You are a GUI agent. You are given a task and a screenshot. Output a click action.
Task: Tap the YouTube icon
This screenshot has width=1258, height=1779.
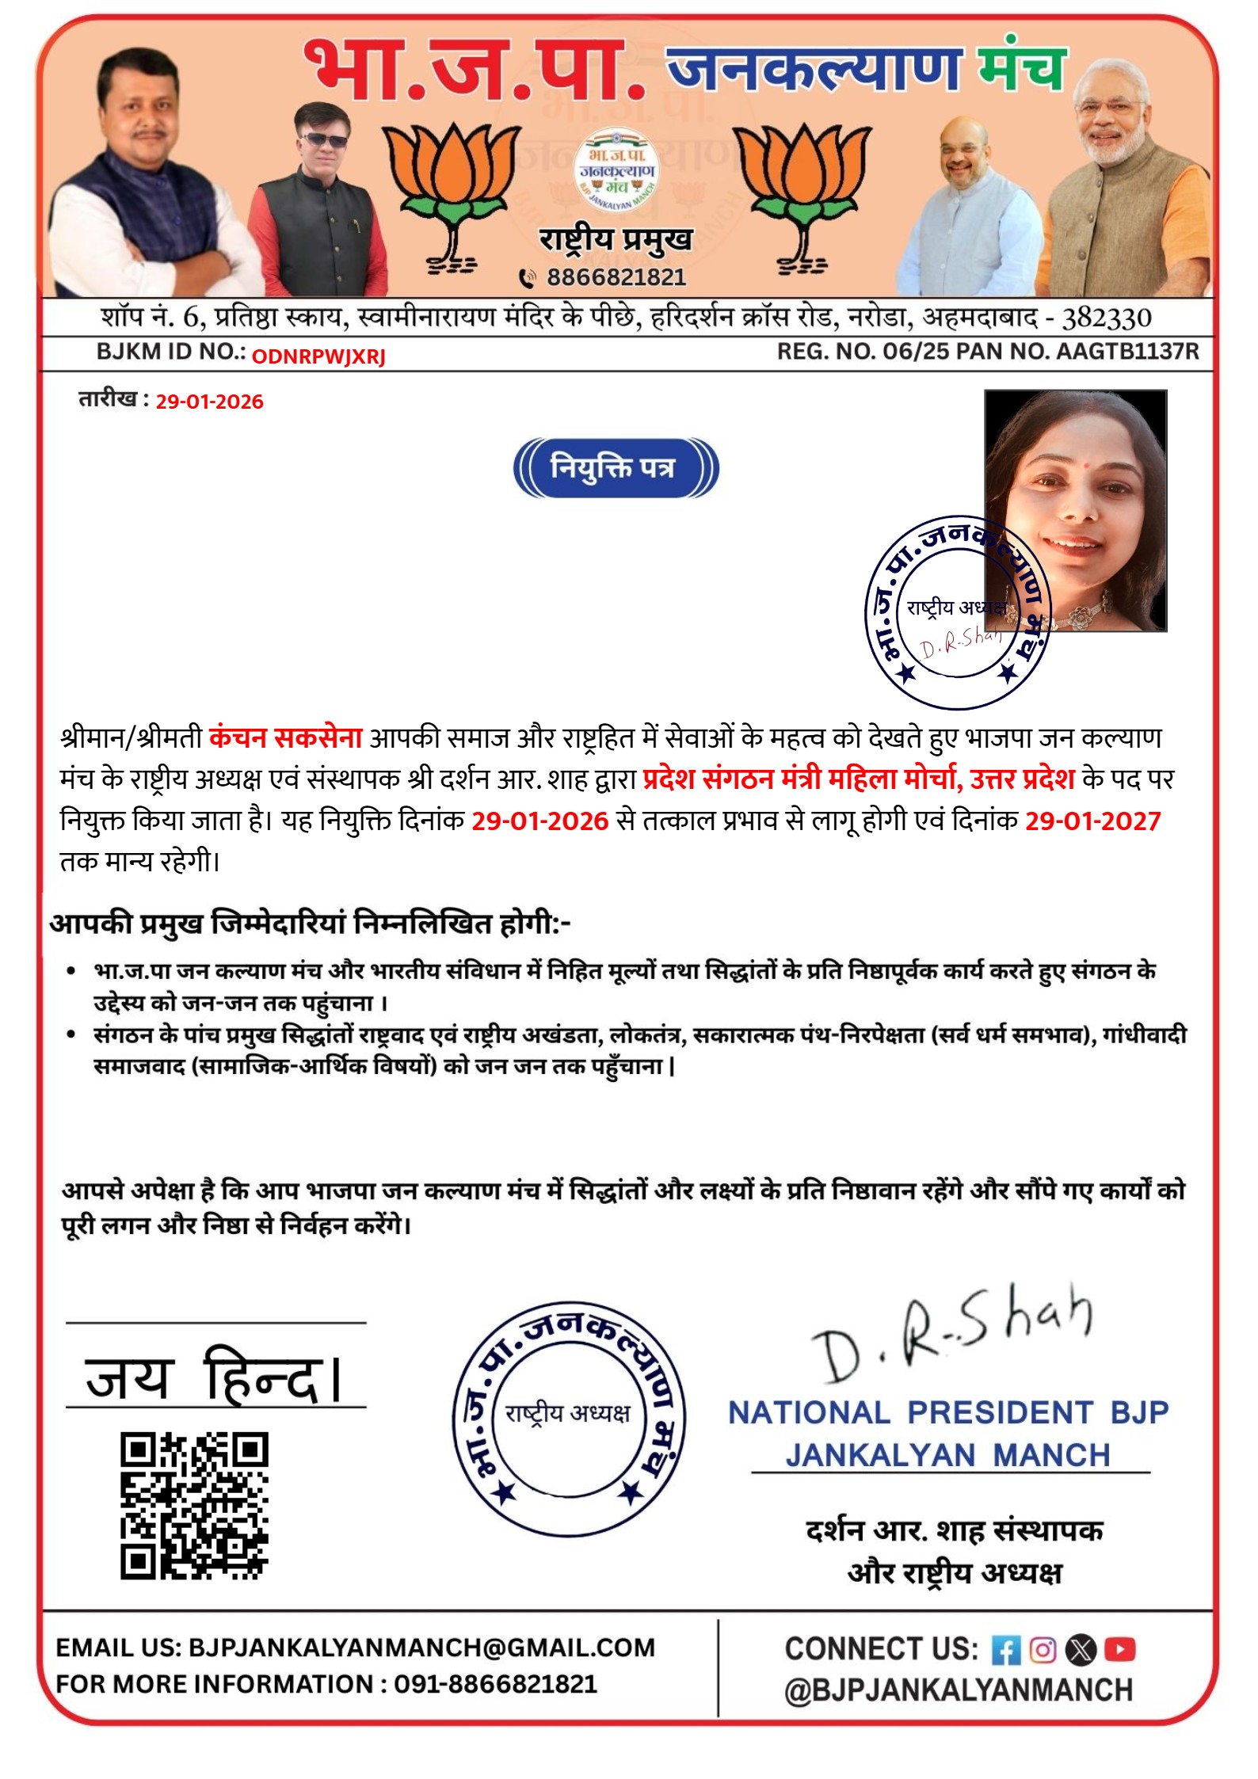[1119, 1649]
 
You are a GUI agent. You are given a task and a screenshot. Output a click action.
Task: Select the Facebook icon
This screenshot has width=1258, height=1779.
[1005, 1650]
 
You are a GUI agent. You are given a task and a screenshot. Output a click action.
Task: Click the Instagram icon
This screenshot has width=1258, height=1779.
[1043, 1649]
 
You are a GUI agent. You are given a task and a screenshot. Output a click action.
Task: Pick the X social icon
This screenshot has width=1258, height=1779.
[1081, 1649]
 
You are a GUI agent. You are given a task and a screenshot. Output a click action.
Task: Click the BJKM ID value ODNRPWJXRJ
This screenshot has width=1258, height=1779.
[318, 356]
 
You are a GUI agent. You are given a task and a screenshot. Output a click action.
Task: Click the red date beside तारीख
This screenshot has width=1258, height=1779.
[209, 402]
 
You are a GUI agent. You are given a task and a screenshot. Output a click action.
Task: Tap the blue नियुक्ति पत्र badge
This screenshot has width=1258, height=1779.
[615, 467]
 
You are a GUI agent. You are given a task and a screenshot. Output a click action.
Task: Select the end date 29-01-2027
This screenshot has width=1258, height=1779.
[1092, 821]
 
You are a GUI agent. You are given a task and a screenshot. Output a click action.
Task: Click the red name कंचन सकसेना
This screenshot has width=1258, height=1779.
[285, 737]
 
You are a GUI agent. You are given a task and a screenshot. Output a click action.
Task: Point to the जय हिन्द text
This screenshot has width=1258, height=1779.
[214, 1379]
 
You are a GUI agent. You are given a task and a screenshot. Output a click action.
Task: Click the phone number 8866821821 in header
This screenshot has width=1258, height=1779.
[616, 277]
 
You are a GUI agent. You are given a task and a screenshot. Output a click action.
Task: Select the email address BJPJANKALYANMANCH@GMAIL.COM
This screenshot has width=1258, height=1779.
[421, 1648]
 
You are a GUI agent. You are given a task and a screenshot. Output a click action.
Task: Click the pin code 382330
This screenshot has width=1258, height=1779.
[1106, 318]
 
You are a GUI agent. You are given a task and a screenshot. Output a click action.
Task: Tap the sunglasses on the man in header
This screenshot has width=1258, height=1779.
[323, 140]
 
